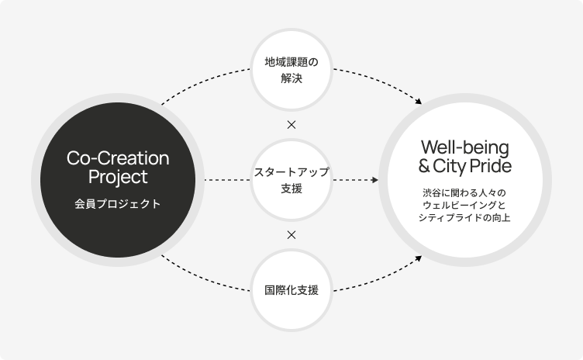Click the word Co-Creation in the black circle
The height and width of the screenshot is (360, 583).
pos(118,159)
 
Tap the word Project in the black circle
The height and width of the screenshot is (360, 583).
pos(118,177)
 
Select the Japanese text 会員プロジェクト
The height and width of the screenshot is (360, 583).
pos(118,204)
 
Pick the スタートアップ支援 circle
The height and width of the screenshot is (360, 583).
pos(291,180)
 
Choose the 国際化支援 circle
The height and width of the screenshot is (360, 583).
pos(291,291)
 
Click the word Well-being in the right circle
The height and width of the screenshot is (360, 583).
pos(465,147)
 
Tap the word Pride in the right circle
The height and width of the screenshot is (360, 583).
pos(492,166)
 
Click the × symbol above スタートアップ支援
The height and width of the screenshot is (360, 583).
pos(291,124)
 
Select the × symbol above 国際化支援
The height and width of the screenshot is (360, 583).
pos(291,235)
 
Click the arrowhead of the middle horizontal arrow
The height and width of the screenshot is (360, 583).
pos(375,180)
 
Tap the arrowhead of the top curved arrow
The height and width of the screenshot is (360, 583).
pos(419,102)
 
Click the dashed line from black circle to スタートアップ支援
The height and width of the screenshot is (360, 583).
pos(225,180)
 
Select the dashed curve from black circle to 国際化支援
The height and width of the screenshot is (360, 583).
pos(202,275)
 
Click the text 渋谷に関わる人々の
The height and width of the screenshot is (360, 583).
pos(466,192)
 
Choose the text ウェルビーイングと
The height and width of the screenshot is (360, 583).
pos(466,206)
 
